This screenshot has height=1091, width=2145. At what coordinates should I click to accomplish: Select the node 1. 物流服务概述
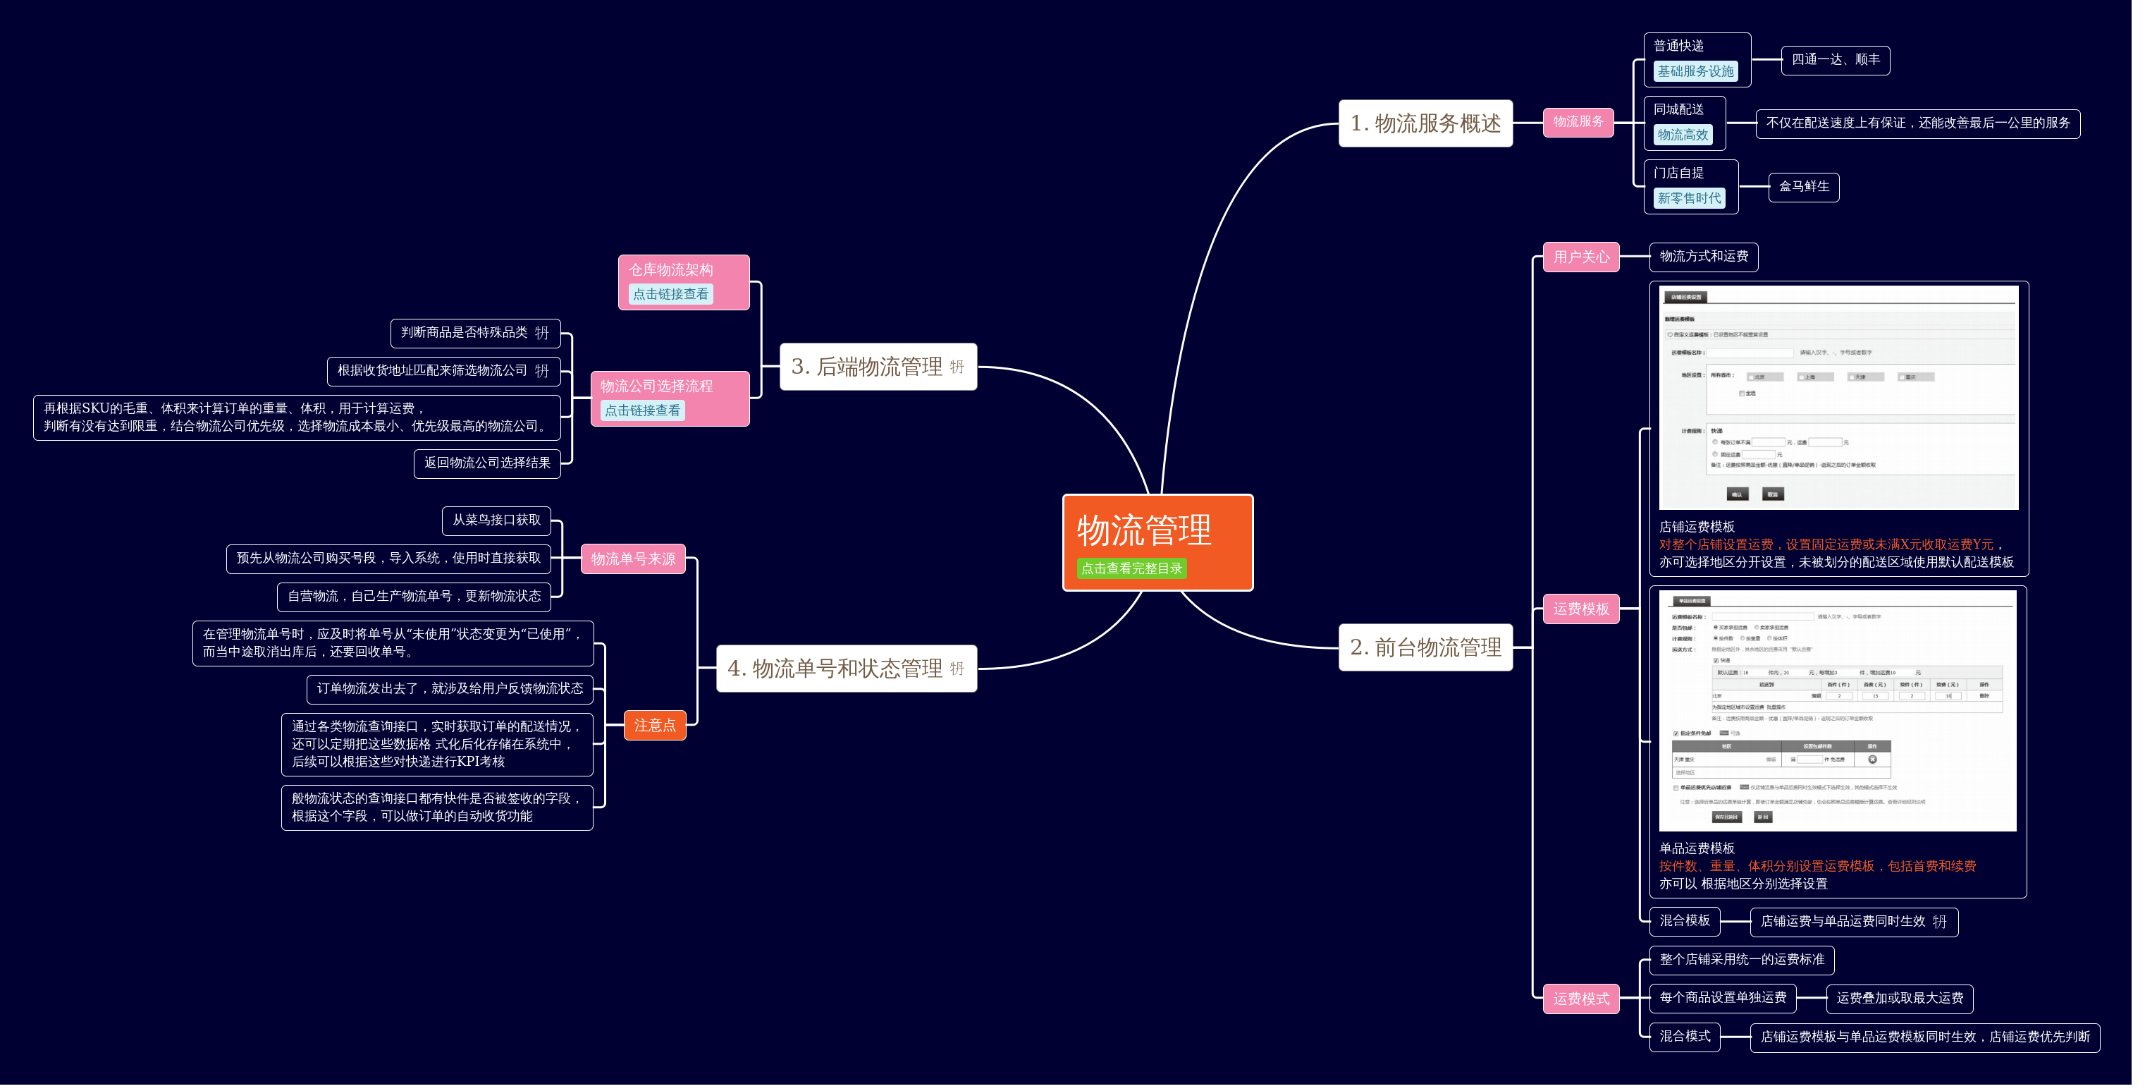click(1425, 123)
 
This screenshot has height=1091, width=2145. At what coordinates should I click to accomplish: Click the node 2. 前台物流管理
click(1425, 647)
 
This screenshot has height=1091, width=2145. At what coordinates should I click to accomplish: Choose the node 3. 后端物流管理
click(867, 367)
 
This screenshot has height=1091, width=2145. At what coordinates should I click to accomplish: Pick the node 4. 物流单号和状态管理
click(835, 668)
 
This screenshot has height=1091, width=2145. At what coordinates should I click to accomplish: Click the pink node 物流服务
click(1578, 121)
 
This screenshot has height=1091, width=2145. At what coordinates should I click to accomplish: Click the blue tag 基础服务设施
click(1695, 72)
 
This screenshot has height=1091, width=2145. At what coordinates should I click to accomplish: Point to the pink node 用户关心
click(1580, 257)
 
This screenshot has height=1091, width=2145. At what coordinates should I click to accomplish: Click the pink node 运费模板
click(1580, 609)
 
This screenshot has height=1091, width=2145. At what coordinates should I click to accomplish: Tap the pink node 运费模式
click(1580, 999)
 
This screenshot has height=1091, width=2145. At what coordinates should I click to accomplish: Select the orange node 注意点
click(654, 726)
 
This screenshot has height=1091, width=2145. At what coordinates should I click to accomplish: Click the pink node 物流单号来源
click(633, 559)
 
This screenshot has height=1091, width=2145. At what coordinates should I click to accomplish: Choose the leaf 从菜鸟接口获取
click(496, 520)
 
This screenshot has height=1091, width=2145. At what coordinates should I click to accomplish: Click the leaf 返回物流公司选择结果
click(487, 463)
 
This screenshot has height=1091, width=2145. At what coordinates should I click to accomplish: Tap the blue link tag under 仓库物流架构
click(670, 294)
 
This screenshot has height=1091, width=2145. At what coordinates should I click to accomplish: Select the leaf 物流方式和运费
click(1703, 257)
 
